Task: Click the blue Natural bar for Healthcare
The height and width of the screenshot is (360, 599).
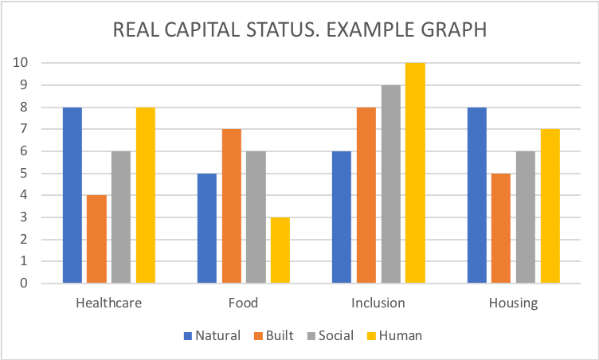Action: pos(72,195)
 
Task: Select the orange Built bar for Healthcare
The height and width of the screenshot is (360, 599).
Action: pos(96,239)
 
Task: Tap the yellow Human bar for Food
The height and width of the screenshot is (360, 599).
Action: pos(280,250)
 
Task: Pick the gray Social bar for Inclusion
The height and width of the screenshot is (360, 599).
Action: pos(391,184)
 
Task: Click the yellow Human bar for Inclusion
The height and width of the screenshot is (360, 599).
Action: pos(415,173)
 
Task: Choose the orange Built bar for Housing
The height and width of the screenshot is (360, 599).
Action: pos(501,228)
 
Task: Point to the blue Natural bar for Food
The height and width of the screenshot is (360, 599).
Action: pos(206,228)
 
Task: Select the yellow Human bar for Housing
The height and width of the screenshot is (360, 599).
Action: pos(550,206)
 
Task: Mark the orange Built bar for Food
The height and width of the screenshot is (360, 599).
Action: pos(231,206)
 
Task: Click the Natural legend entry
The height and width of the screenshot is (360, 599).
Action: pos(212,335)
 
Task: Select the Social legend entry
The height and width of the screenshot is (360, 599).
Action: pos(329,335)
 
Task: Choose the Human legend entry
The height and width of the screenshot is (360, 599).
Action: pos(396,335)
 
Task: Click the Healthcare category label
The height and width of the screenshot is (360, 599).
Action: pos(108,303)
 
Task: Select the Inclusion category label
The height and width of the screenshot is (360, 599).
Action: pos(378,303)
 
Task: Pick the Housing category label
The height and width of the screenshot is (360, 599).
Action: pos(514,303)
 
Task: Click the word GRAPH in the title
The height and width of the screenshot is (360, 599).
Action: pos(448,31)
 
